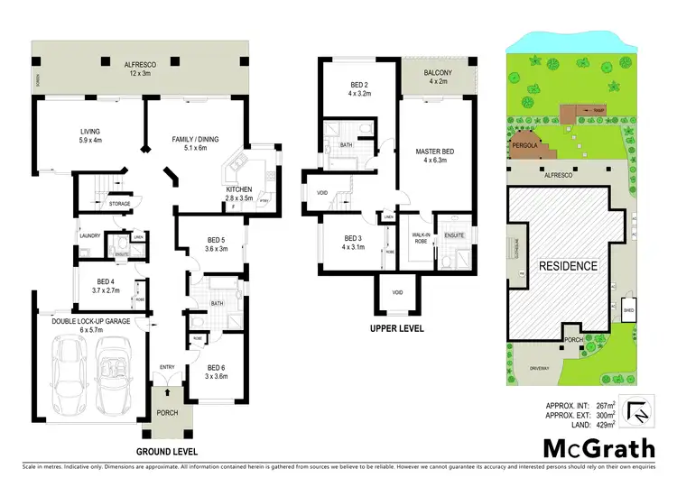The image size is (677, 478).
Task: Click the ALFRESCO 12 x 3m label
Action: click(141, 69)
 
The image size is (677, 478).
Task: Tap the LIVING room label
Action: click(90, 135)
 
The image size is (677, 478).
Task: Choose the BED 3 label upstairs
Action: click(351, 244)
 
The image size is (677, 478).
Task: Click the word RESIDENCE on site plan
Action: click(569, 266)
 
